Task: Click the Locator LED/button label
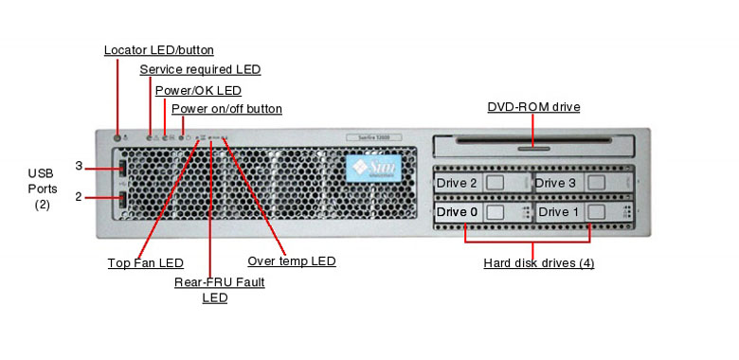coord(158,49)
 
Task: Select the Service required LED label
coord(200,69)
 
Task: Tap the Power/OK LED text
coord(198,90)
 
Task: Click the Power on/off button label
coord(226,109)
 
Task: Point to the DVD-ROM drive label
coord(533,107)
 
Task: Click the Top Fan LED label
coord(145,262)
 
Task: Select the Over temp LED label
coord(291,261)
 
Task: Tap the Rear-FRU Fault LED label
coord(219,289)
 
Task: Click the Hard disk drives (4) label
coord(538,262)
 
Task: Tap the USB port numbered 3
coord(122,169)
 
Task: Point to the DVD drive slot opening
coord(533,146)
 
